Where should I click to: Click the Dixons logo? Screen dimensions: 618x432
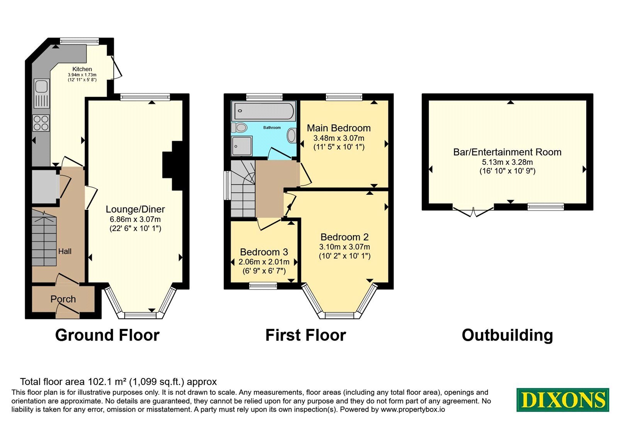[x=563, y=400]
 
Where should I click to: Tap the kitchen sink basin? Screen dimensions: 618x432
[x=41, y=86]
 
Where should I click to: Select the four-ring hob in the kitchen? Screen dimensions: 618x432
[x=41, y=123]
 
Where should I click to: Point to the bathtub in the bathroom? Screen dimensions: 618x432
[x=263, y=111]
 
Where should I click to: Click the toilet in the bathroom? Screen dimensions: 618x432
[x=239, y=128]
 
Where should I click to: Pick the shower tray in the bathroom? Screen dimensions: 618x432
[x=242, y=146]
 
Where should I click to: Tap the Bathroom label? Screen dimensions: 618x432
[x=272, y=128]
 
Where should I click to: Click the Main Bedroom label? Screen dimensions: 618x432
[x=339, y=128]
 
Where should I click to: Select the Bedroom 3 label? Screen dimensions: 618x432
[x=264, y=252]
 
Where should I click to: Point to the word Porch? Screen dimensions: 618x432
[x=63, y=299]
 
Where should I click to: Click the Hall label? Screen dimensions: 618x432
[x=65, y=251]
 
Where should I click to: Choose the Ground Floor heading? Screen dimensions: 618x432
[x=107, y=335]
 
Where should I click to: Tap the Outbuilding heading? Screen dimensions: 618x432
[x=508, y=336]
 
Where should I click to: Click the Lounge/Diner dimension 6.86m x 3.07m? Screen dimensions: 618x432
[x=135, y=219]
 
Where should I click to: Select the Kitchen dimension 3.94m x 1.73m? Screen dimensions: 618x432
[x=82, y=75]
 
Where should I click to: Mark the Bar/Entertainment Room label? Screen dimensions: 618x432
[x=508, y=152]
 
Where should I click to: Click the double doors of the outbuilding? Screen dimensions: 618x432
[x=473, y=212]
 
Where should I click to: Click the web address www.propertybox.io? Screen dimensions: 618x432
[x=413, y=409]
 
